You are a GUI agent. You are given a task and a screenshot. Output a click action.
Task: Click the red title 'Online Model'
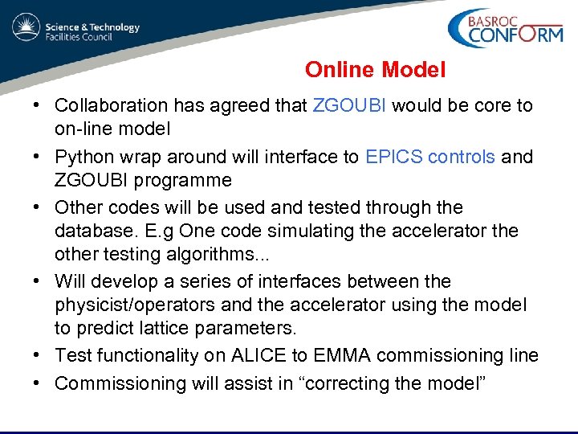[375, 71]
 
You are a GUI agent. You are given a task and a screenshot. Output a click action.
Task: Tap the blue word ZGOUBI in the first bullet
[349, 106]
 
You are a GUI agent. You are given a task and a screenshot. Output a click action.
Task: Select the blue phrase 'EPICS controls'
[429, 157]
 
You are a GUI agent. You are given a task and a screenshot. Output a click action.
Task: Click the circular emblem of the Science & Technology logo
[26, 27]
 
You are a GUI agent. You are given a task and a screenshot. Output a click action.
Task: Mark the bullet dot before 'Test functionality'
[38, 356]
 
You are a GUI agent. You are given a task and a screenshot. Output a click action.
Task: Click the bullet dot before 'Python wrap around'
[38, 157]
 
